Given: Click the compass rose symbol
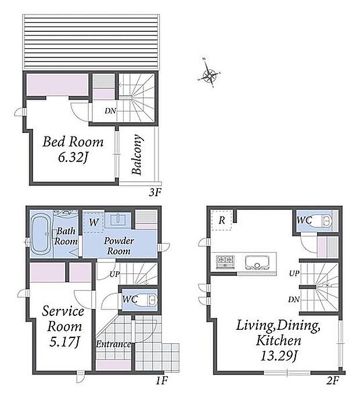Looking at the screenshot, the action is click(210, 75).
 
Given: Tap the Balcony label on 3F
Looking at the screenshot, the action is click(136, 154).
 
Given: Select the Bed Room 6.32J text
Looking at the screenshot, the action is click(73, 150).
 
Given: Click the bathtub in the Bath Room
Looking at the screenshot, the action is click(41, 235).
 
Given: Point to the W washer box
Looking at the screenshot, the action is click(93, 222).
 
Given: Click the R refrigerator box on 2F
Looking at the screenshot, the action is click(221, 220).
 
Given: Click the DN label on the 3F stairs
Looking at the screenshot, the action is click(110, 111).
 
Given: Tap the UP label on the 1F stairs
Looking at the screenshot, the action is click(114, 274).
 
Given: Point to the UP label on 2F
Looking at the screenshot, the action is click(294, 274).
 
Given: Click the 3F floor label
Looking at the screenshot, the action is click(155, 193).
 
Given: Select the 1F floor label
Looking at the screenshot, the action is click(162, 380).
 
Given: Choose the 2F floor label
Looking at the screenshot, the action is click(333, 380).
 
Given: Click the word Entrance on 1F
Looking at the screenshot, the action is click(113, 344).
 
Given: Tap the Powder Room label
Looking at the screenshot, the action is click(118, 246).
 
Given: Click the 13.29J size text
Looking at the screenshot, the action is click(279, 357).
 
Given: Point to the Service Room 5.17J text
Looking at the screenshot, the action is click(63, 326).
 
